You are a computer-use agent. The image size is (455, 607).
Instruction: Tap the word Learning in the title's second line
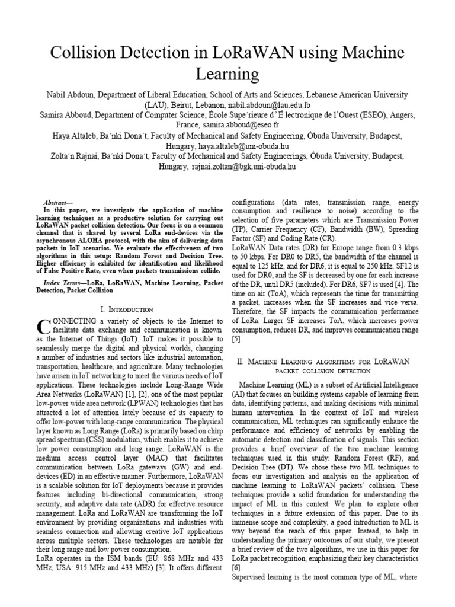[x=227, y=74]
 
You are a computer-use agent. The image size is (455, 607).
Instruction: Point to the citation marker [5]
[x=236, y=339]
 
